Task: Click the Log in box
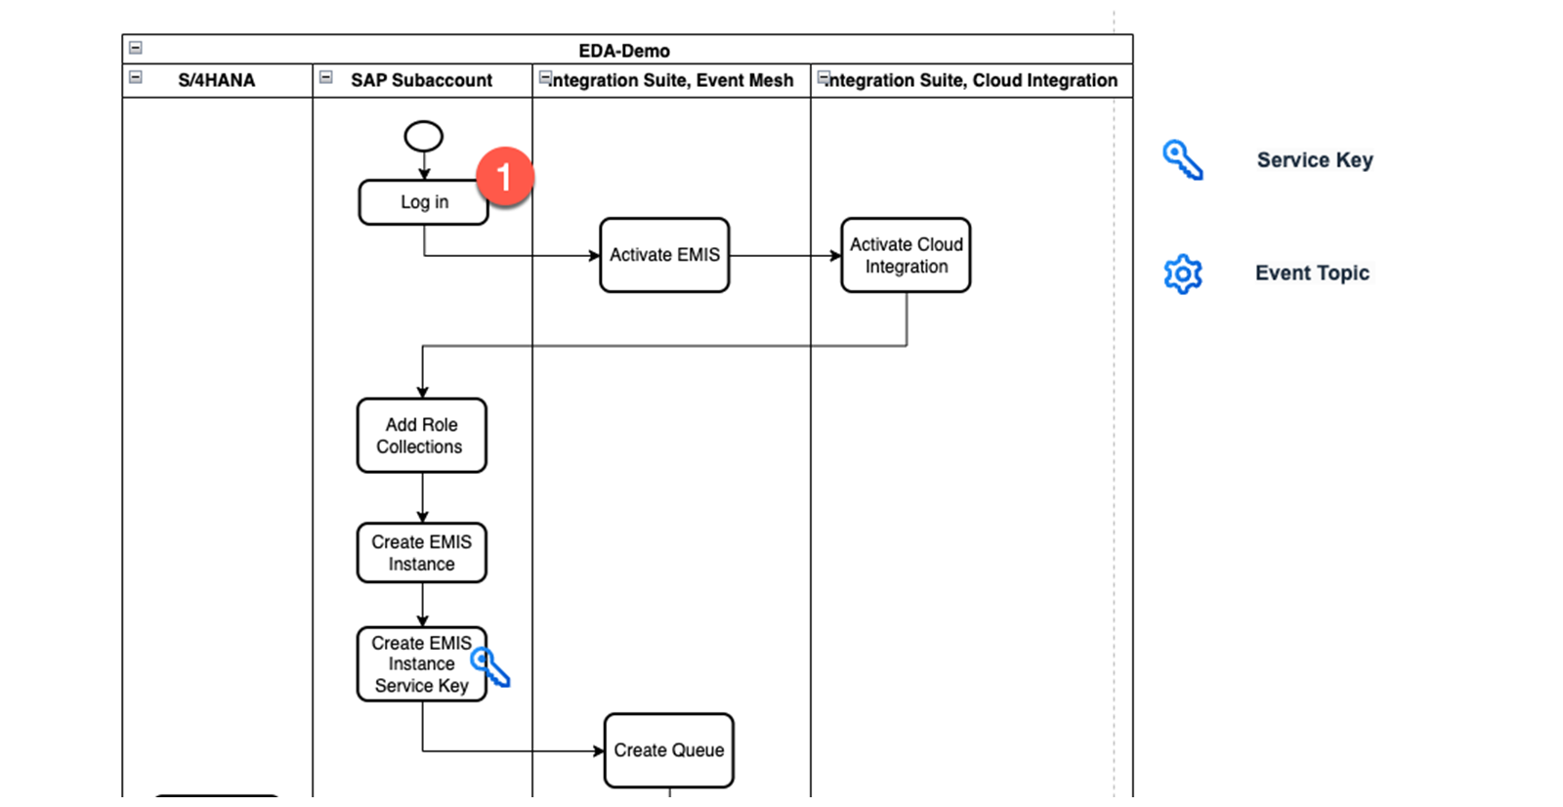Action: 424,202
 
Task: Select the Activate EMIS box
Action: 664,255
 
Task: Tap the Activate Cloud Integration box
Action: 906,255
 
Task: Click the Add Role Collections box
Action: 421,436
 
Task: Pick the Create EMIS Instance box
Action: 421,553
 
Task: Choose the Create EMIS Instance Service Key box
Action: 421,664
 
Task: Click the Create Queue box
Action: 668,750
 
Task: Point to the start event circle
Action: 424,136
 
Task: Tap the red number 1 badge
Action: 505,176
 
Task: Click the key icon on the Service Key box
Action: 489,667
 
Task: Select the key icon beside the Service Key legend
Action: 1183,160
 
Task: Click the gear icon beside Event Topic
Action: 1183,274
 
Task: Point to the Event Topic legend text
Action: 1313,273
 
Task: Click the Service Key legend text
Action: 1315,160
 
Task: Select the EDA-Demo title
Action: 624,51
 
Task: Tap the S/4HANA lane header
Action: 216,80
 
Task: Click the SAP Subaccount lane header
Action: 421,80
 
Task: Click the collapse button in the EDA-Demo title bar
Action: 136,48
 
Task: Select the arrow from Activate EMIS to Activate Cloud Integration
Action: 785,256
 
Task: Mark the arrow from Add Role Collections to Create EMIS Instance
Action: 422,497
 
